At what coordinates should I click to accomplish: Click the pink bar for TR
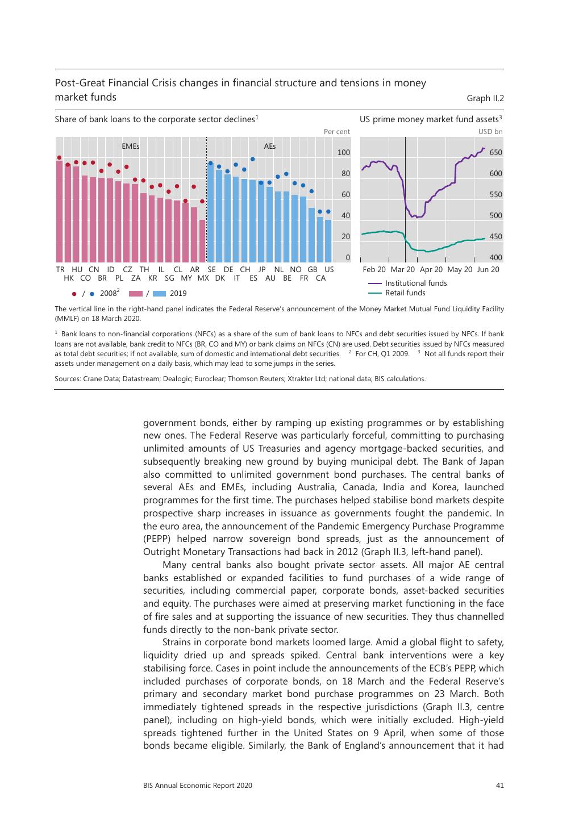[60, 211]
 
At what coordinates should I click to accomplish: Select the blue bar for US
[328, 241]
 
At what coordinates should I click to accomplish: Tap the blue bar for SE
[210, 213]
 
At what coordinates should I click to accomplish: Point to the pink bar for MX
[202, 241]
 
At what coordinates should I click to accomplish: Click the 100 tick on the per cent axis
[344, 153]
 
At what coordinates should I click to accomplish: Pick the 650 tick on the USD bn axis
[495, 153]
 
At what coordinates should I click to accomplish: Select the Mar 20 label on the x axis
[403, 269]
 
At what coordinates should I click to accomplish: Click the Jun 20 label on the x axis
[488, 269]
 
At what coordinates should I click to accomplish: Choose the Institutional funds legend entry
[416, 283]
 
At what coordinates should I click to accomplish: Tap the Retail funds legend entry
[405, 293]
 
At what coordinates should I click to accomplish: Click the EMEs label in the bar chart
[131, 146]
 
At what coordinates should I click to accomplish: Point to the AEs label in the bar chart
[270, 146]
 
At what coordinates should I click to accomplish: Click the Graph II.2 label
[485, 98]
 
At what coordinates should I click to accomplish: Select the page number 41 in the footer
[499, 786]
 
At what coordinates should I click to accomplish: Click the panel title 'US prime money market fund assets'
[430, 119]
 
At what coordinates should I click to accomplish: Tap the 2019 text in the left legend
[178, 294]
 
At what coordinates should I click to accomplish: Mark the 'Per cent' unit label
[336, 132]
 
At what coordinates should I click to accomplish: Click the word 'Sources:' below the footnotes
[68, 379]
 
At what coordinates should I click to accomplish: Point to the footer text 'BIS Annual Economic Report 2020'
[198, 786]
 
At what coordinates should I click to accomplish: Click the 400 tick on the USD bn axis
[495, 258]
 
